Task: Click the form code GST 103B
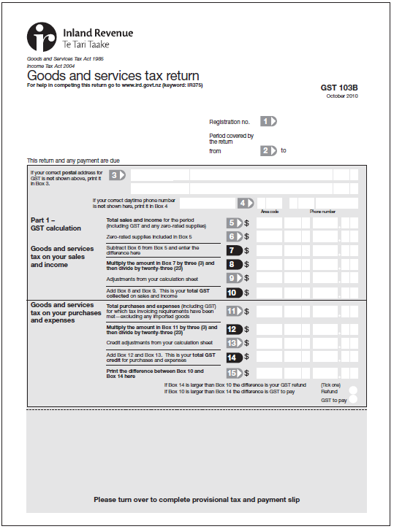pyautogui.click(x=339, y=88)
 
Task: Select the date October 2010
pyautogui.click(x=342, y=96)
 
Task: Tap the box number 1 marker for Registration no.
pyautogui.click(x=269, y=122)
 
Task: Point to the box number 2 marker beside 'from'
pyautogui.click(x=269, y=151)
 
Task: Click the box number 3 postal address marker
pyautogui.click(x=118, y=175)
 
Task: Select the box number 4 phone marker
pyautogui.click(x=246, y=203)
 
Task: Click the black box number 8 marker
pyautogui.click(x=234, y=265)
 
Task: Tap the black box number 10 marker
pyautogui.click(x=234, y=293)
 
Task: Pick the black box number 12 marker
pyautogui.click(x=234, y=329)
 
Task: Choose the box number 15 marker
pyautogui.click(x=234, y=374)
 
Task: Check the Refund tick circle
pyautogui.click(x=354, y=391)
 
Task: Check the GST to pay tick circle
pyautogui.click(x=354, y=400)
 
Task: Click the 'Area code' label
pyautogui.click(x=270, y=212)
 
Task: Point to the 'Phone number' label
pyautogui.click(x=322, y=212)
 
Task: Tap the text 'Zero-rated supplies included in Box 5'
pyautogui.click(x=149, y=237)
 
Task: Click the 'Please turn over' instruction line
pyautogui.click(x=197, y=500)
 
